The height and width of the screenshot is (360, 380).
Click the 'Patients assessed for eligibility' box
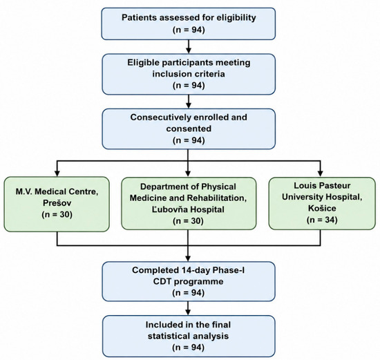pyautogui.click(x=189, y=23)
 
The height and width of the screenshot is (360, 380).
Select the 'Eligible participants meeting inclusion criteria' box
pyautogui.click(x=189, y=74)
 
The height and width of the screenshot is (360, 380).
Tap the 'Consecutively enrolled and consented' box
pyautogui.click(x=189, y=129)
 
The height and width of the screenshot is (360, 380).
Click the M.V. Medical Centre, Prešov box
pyautogui.click(x=57, y=204)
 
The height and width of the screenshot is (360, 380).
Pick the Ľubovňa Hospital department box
pyautogui.click(x=189, y=203)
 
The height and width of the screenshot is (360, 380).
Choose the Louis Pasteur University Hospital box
pyautogui.click(x=322, y=203)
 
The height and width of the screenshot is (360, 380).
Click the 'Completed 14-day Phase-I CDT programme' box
pyautogui.click(x=189, y=281)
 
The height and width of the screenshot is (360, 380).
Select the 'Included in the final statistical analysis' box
pyautogui.click(x=189, y=336)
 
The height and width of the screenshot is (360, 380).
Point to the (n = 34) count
pyautogui.click(x=322, y=220)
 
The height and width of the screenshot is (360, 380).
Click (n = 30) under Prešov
pyautogui.click(x=57, y=214)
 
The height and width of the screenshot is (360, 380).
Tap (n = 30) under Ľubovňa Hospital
pyautogui.click(x=189, y=221)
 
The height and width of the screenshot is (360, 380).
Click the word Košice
pyautogui.click(x=322, y=208)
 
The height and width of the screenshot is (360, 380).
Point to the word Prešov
pyautogui.click(x=57, y=203)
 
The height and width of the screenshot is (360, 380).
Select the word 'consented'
pyautogui.click(x=189, y=129)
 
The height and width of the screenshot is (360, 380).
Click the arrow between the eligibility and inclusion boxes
pyautogui.click(x=189, y=46)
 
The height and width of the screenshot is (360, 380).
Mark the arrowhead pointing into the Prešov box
pyautogui.click(x=57, y=173)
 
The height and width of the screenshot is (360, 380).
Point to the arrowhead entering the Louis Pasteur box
pyautogui.click(x=320, y=173)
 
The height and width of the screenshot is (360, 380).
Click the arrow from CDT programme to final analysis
pyautogui.click(x=189, y=308)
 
